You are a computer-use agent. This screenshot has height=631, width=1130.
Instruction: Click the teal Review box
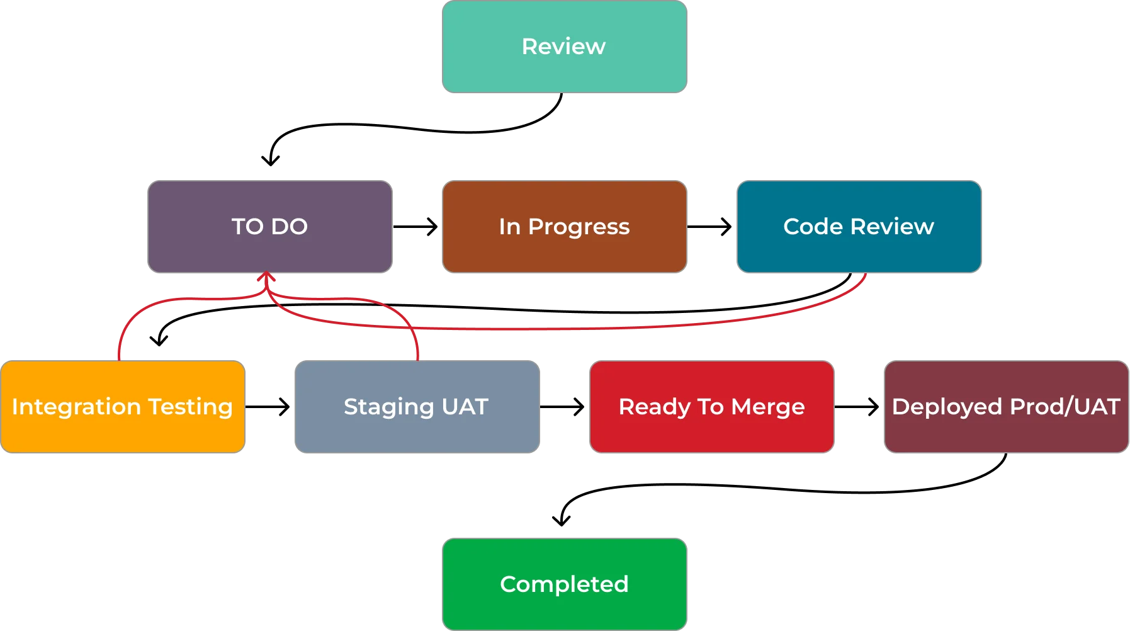tap(564, 47)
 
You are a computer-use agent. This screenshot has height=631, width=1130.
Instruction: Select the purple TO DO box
tap(269, 227)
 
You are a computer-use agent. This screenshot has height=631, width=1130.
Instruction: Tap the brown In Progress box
tap(564, 227)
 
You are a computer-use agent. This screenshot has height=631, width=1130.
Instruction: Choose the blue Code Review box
tap(858, 227)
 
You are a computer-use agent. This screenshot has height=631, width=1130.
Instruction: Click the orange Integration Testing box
tap(122, 407)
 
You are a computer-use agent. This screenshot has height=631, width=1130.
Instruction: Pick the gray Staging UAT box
tap(416, 407)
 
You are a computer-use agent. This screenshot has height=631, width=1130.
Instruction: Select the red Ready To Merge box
tap(711, 407)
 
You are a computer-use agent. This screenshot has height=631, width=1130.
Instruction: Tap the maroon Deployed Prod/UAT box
tap(1005, 407)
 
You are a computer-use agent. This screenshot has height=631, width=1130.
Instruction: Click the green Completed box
tap(564, 584)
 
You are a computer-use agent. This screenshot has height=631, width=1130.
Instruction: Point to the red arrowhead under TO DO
tap(266, 276)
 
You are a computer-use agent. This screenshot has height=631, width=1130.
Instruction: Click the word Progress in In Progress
tap(579, 227)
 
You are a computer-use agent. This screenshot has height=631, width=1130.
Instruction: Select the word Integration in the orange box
tap(76, 407)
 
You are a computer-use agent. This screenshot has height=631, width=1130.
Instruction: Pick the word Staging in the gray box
tap(388, 407)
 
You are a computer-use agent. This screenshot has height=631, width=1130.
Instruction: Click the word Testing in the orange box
tap(191, 407)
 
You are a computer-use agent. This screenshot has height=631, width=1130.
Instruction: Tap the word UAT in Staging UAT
tap(465, 407)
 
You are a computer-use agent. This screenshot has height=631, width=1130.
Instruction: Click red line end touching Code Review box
tap(866, 276)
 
